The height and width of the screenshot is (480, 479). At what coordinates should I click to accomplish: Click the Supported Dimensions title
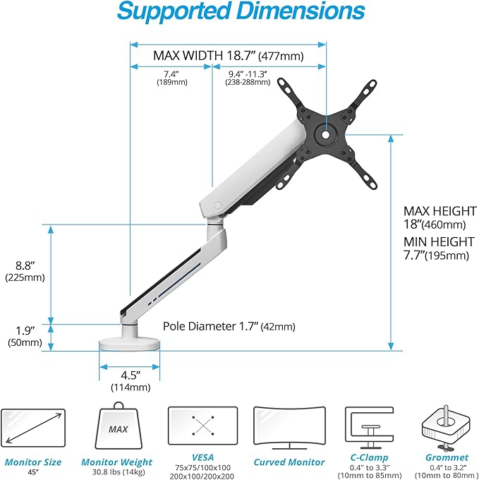pyautogui.click(x=240, y=12)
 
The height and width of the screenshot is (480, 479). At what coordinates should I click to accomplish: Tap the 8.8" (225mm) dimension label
pyautogui.click(x=25, y=270)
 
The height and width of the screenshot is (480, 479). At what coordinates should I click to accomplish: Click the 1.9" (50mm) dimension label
pyautogui.click(x=25, y=335)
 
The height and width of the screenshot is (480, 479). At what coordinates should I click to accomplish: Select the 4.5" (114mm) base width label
pyautogui.click(x=130, y=380)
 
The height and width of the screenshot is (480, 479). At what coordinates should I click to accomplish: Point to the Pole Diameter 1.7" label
pyautogui.click(x=229, y=326)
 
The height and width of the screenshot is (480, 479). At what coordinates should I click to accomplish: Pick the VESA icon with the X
pyautogui.click(x=203, y=428)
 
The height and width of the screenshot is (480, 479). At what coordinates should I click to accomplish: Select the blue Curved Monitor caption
pyautogui.click(x=289, y=462)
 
